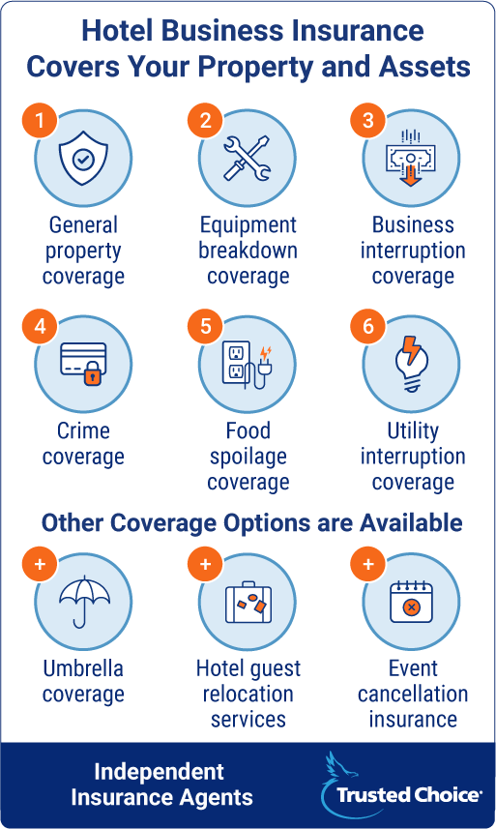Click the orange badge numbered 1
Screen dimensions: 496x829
pyautogui.click(x=40, y=121)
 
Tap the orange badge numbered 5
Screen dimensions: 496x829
pyautogui.click(x=206, y=326)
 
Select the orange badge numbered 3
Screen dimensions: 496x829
pyautogui.click(x=368, y=121)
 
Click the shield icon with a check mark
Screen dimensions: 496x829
pyautogui.click(x=83, y=158)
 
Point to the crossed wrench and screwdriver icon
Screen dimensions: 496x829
pyautogui.click(x=248, y=158)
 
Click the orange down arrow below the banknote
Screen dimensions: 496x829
pyautogui.click(x=410, y=175)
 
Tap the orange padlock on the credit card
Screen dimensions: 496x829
pyautogui.click(x=93, y=373)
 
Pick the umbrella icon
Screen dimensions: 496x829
pyautogui.click(x=84, y=602)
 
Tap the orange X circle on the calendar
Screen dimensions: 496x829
pyautogui.click(x=411, y=607)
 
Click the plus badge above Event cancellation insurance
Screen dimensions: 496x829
pyautogui.click(x=368, y=564)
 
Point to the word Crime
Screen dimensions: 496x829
pyautogui.click(x=83, y=430)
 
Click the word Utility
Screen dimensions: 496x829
pyautogui.click(x=413, y=430)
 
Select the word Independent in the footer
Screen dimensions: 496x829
pyautogui.click(x=159, y=772)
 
